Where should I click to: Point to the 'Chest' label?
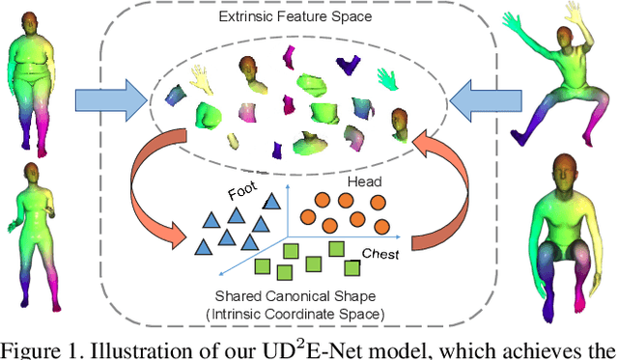pos(381,253)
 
